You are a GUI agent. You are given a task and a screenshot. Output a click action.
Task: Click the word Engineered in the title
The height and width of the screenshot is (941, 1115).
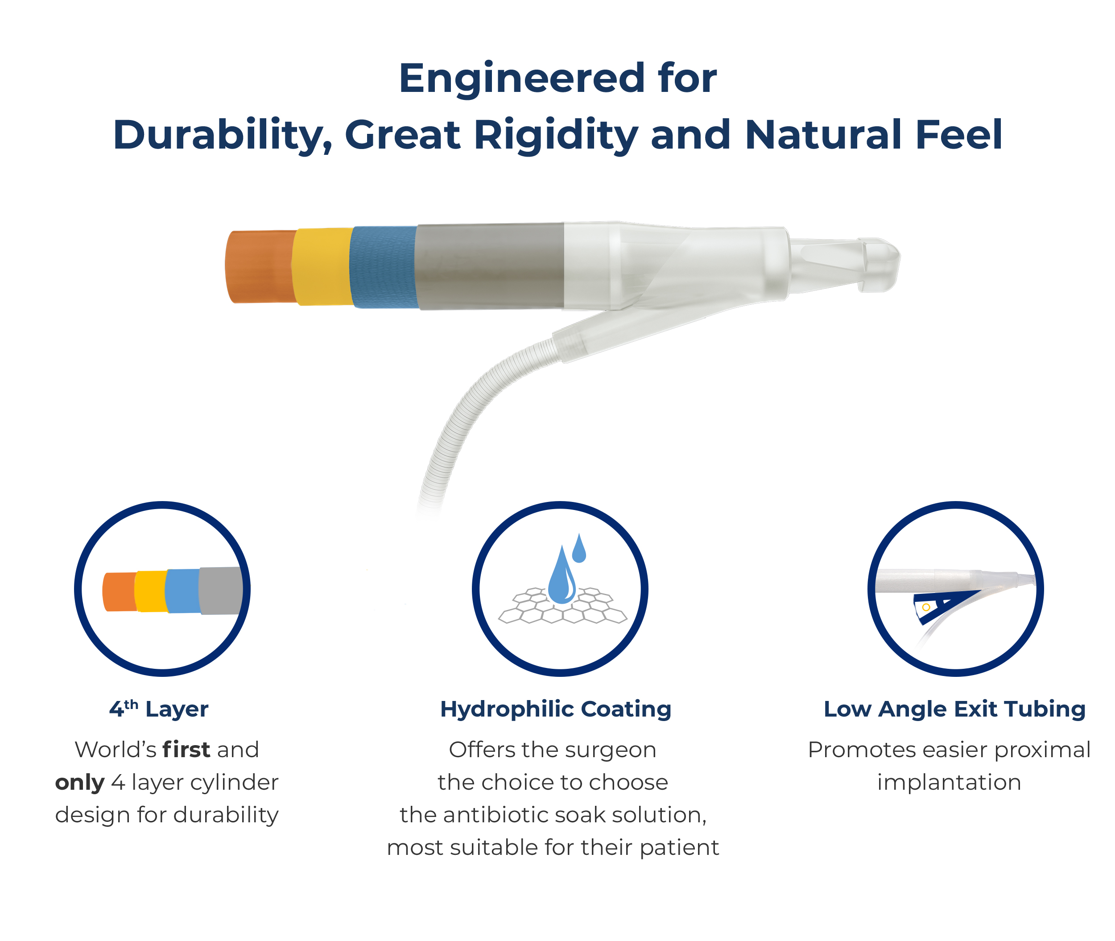(521, 79)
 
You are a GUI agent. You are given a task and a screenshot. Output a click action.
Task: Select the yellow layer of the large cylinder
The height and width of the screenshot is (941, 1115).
(322, 267)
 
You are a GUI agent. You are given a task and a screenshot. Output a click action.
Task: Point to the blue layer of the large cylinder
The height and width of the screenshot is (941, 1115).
(383, 267)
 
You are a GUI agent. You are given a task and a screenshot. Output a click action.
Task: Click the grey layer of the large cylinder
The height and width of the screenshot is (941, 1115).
(490, 266)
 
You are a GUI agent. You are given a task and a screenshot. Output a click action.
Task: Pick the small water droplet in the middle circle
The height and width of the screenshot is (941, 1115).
(579, 548)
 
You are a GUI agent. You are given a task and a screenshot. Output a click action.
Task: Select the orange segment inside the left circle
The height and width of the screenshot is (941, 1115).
(120, 592)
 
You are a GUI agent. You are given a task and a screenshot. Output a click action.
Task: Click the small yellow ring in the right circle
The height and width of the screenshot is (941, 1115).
(926, 607)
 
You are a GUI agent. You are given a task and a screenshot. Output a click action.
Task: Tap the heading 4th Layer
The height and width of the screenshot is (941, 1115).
(159, 709)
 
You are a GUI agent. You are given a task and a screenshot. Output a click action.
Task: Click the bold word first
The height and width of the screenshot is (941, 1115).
(186, 750)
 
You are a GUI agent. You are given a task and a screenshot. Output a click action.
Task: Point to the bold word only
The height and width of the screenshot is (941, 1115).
(79, 783)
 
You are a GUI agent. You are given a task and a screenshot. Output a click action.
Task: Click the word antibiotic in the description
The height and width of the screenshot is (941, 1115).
(499, 815)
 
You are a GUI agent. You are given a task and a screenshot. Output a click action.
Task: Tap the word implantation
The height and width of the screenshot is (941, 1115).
(949, 783)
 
